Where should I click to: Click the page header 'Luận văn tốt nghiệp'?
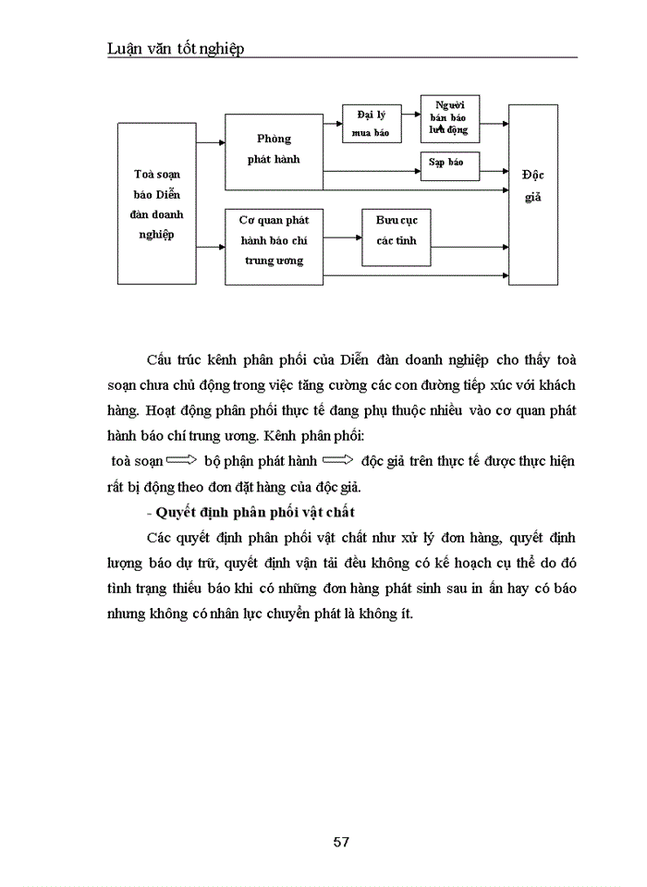click(176, 49)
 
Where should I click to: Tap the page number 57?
click(340, 841)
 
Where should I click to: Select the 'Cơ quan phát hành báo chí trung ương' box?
click(274, 241)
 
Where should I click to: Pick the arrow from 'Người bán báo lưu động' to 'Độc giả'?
click(494, 123)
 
